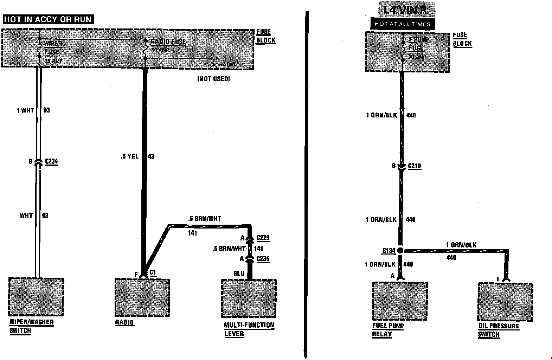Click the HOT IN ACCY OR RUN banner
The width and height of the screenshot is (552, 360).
(48, 19)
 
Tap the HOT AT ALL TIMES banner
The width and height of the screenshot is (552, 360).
(402, 24)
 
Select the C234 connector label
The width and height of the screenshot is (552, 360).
(51, 162)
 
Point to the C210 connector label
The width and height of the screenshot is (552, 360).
(414, 166)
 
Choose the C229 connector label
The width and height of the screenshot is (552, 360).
(263, 238)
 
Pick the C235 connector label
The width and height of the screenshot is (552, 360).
(263, 259)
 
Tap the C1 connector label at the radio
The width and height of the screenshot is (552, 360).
(153, 272)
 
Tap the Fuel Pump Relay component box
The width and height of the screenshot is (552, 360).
(400, 301)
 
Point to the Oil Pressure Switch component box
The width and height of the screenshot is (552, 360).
(505, 302)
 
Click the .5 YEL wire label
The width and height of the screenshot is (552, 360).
(129, 156)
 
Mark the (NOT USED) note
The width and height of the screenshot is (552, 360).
(213, 79)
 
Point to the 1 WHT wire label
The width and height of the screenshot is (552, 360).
(25, 110)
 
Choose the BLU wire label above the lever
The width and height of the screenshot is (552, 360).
(239, 273)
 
